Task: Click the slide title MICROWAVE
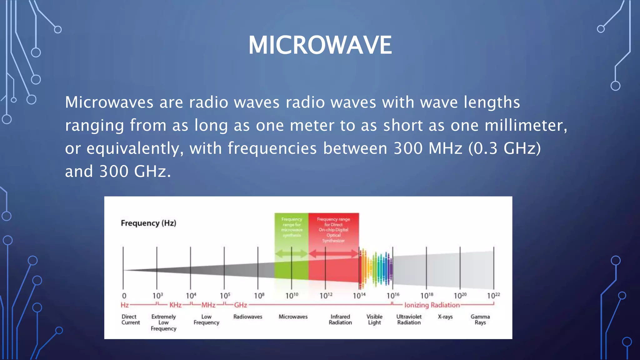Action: click(x=320, y=45)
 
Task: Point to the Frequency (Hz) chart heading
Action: click(x=148, y=223)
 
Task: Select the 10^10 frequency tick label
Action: click(x=292, y=296)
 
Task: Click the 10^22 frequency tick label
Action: click(x=493, y=296)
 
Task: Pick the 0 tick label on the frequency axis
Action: click(x=124, y=296)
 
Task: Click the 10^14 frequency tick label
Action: click(x=359, y=296)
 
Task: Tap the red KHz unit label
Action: click(x=175, y=305)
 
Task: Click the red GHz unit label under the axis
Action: click(x=241, y=305)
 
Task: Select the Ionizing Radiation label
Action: click(x=432, y=305)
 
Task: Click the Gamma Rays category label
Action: click(x=480, y=320)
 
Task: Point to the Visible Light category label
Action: click(x=374, y=320)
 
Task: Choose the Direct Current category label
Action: click(x=130, y=320)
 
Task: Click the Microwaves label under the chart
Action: click(x=293, y=317)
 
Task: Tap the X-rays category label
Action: click(x=445, y=317)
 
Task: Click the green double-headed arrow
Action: click(x=291, y=253)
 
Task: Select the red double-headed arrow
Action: click(x=333, y=253)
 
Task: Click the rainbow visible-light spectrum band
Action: click(x=376, y=269)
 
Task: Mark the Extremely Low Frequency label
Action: click(x=163, y=322)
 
